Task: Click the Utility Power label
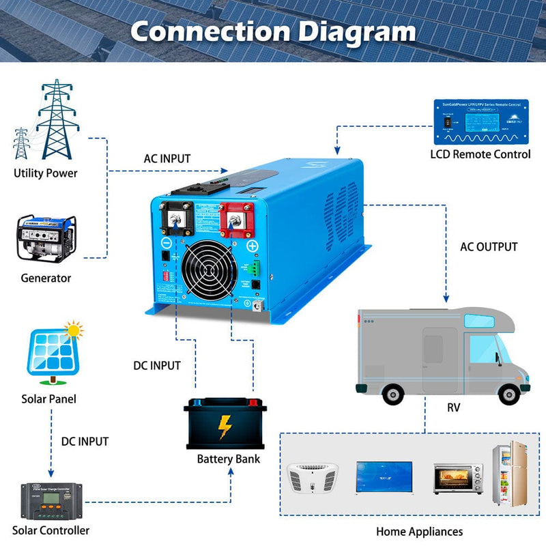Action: point(46,173)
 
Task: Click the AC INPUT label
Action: point(167,158)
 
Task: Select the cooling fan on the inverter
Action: point(209,268)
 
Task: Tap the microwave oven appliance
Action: point(458,478)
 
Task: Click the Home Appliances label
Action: point(419,531)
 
